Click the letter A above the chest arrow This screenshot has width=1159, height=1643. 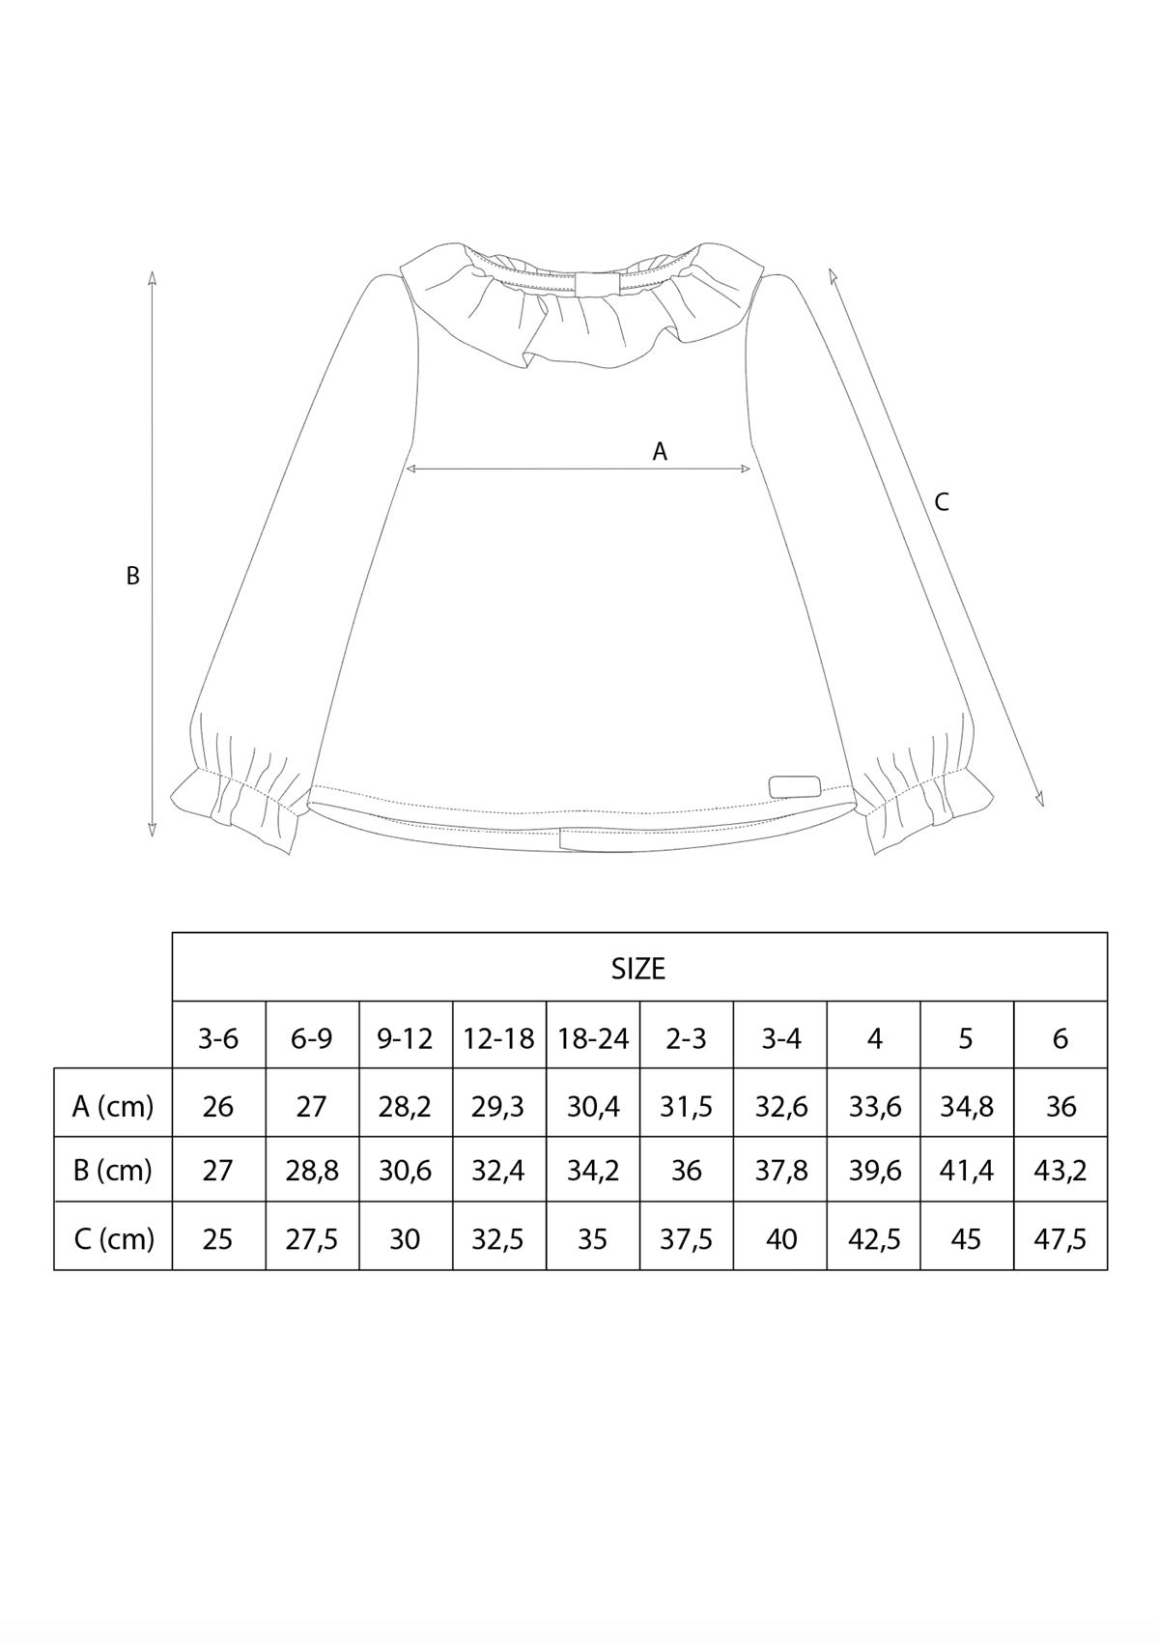(x=660, y=452)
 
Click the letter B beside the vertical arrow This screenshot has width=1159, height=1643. (x=132, y=576)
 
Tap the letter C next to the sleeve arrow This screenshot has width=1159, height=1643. (x=942, y=501)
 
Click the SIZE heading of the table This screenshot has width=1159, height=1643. (x=638, y=969)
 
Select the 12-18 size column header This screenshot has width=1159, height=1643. (x=498, y=1038)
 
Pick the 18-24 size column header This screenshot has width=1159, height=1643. (x=593, y=1038)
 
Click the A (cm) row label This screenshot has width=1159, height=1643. (x=113, y=1106)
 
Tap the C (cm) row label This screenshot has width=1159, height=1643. (x=114, y=1239)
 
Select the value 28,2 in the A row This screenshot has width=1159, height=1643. (x=405, y=1107)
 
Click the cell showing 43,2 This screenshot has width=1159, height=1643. (x=1060, y=1171)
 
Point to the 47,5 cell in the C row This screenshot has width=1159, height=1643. (x=1060, y=1239)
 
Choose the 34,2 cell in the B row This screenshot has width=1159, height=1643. (x=593, y=1171)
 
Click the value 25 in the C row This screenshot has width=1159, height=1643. (x=218, y=1239)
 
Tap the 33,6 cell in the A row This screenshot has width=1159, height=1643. (x=874, y=1107)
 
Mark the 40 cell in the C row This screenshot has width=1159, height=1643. (x=781, y=1239)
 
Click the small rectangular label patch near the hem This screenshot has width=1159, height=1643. (x=795, y=785)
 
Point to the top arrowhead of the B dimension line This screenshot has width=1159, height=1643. (x=152, y=277)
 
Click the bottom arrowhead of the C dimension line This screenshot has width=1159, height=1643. (x=1038, y=799)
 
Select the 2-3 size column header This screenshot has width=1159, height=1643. (x=687, y=1038)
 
